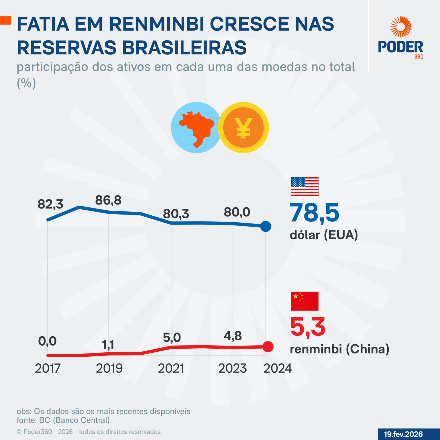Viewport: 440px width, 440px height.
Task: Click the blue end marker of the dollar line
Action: click(x=266, y=226)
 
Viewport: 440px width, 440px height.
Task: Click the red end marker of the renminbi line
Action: click(x=268, y=347)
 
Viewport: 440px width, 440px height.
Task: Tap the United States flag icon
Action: click(x=305, y=186)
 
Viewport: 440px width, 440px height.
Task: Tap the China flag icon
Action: click(x=305, y=301)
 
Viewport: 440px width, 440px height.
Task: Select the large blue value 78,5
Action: click(x=314, y=213)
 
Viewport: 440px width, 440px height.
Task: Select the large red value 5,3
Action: click(x=308, y=327)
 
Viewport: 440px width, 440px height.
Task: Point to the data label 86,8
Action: click(x=108, y=200)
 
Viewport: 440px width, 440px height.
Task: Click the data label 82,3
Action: click(x=50, y=204)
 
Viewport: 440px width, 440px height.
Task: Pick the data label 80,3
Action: click(x=176, y=214)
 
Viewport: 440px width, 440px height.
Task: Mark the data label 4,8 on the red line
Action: click(x=233, y=336)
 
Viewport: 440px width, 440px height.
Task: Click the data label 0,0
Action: click(x=48, y=341)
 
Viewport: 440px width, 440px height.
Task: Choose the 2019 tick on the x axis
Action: click(x=109, y=368)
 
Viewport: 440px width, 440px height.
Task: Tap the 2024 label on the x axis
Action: click(x=278, y=368)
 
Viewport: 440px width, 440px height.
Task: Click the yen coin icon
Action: click(x=243, y=127)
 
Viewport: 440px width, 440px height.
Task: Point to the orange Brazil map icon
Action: click(x=197, y=128)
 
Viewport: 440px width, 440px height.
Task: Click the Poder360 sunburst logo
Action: click(x=400, y=27)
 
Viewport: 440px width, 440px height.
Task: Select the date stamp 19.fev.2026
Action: click(x=403, y=434)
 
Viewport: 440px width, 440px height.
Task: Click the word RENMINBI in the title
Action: click(x=157, y=24)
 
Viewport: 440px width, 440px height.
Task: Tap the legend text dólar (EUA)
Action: click(x=324, y=235)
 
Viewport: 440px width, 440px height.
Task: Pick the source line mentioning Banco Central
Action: click(x=63, y=420)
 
